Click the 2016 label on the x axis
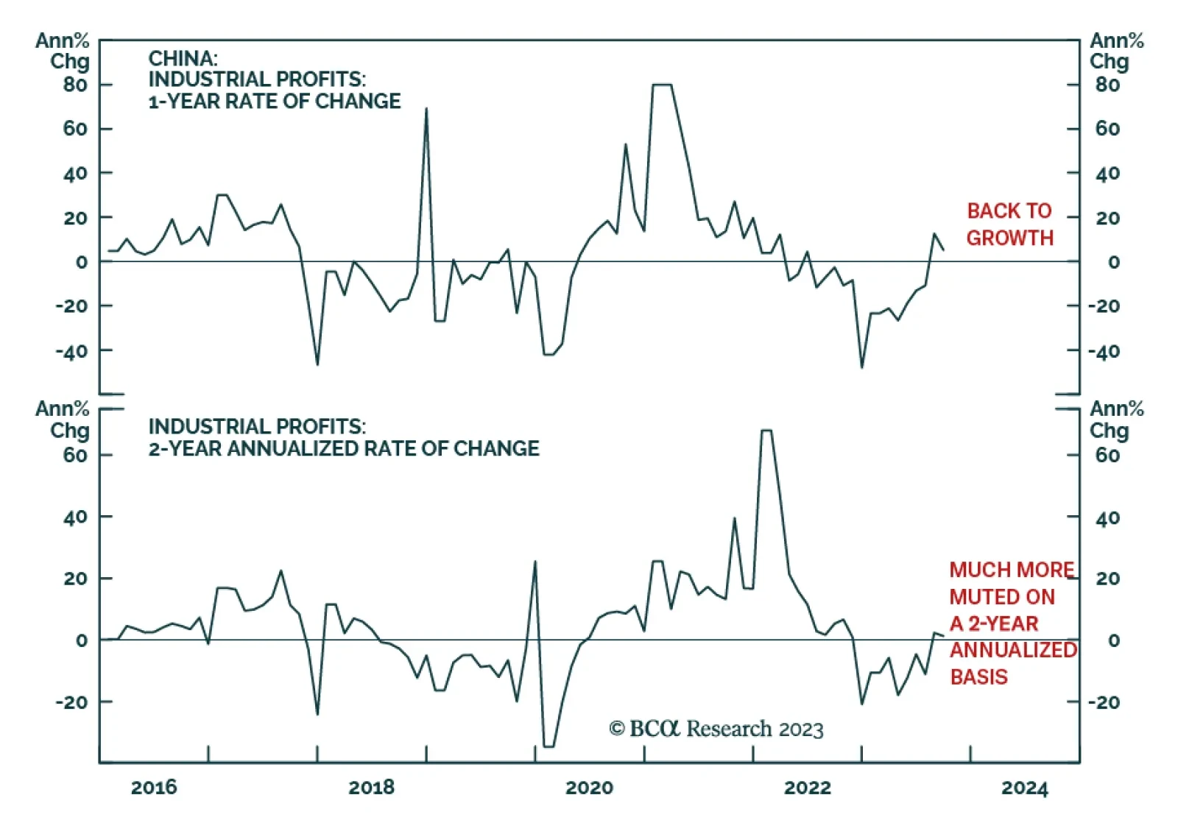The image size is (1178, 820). click(154, 788)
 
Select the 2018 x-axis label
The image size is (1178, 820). click(371, 788)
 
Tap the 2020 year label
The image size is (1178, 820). click(589, 788)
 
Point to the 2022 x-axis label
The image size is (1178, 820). click(807, 788)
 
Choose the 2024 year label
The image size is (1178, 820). click(1024, 788)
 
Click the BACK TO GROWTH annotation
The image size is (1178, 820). click(1009, 225)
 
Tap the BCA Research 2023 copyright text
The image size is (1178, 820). click(716, 729)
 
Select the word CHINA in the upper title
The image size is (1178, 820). click(183, 58)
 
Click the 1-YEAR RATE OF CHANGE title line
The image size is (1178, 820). click(275, 101)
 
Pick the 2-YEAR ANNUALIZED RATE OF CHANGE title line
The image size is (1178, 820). click(344, 448)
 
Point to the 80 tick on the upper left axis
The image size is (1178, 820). click(75, 85)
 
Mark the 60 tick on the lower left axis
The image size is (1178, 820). click(75, 456)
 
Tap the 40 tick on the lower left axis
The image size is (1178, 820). click(75, 517)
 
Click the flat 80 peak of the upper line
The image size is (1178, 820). click(662, 85)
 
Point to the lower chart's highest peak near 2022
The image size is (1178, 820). click(766, 431)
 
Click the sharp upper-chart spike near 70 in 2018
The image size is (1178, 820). click(426, 110)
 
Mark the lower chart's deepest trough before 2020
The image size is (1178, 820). click(549, 746)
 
